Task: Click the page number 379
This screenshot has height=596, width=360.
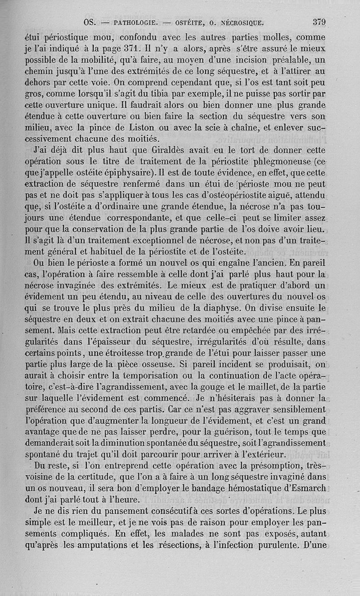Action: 319,22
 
